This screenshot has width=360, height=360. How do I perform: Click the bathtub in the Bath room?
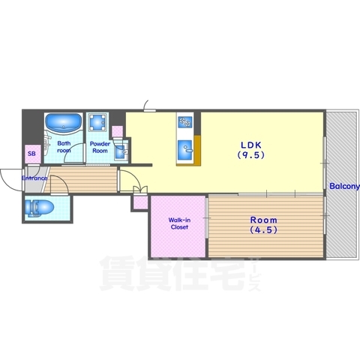click(x=64, y=122)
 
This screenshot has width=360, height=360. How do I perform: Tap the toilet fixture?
click(x=40, y=207)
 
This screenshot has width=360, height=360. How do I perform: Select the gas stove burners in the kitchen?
click(x=185, y=121)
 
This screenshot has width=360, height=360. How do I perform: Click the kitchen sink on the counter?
click(x=185, y=149)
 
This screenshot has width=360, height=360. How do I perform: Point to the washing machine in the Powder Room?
click(x=97, y=122)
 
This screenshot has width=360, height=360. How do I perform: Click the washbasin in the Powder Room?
click(x=121, y=152)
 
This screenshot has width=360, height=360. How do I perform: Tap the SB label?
click(x=31, y=154)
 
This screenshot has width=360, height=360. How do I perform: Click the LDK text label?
click(x=251, y=145)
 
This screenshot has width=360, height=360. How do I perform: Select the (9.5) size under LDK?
click(x=251, y=155)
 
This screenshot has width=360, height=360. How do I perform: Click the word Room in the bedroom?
click(x=264, y=220)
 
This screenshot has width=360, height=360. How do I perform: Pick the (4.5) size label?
click(x=264, y=230)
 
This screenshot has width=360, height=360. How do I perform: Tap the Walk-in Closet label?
click(x=179, y=223)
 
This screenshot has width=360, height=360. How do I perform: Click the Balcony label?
click(x=344, y=186)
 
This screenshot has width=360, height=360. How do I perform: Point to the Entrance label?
click(x=34, y=178)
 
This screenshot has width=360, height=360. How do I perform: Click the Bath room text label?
click(x=64, y=147)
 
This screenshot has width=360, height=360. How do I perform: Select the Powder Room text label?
click(x=100, y=147)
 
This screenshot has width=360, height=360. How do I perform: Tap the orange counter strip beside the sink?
click(x=197, y=150)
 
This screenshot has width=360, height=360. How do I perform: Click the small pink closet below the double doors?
click(x=140, y=202)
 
